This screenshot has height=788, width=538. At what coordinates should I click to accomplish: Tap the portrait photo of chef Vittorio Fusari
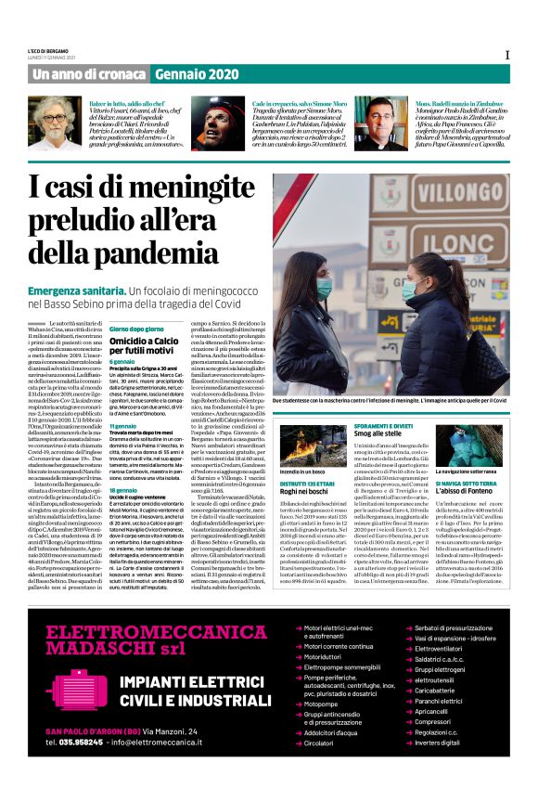coord(55,123)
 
